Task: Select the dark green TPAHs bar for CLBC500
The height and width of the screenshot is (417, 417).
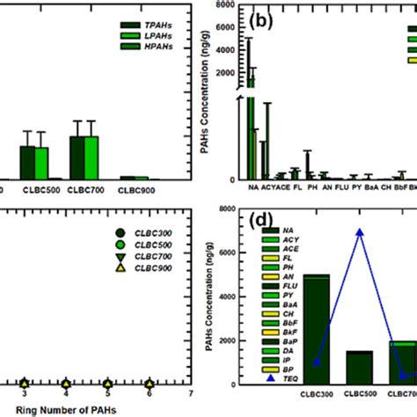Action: coord(27,162)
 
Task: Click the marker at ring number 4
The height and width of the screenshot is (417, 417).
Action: coord(65,383)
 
